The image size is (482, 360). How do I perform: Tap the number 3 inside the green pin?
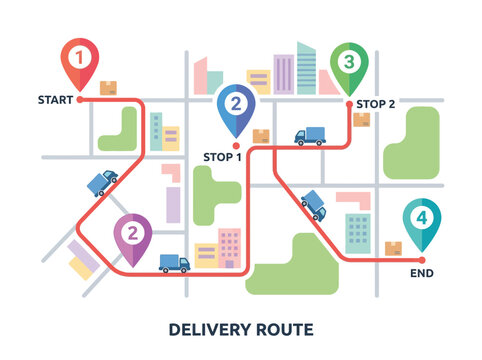(x=348, y=62)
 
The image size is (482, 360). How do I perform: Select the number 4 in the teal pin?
(x=422, y=217)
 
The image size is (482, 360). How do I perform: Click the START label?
(x=55, y=100)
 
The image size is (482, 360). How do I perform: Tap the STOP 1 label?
(x=223, y=157)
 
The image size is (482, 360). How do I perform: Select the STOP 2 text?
(x=376, y=103)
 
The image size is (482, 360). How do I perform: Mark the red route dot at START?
(x=81, y=99)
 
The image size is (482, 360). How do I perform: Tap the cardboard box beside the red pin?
(x=109, y=87)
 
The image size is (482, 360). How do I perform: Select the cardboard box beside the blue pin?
(x=261, y=136)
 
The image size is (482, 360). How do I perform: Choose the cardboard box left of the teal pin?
(x=393, y=248)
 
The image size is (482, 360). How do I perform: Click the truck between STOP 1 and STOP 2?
(x=310, y=135)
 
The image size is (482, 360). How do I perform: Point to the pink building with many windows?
(x=230, y=245)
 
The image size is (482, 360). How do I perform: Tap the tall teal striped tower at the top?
(x=306, y=68)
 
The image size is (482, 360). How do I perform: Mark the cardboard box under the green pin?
(x=361, y=120)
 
